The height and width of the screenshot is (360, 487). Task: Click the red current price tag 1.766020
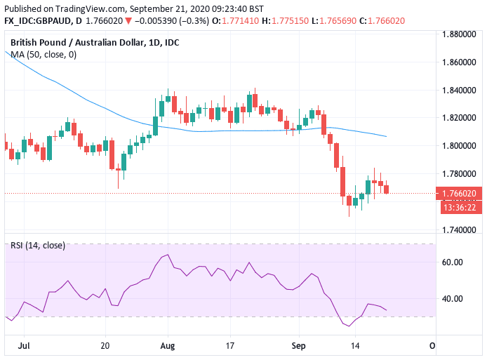(x=460, y=194)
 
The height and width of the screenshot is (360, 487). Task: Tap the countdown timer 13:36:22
(x=460, y=207)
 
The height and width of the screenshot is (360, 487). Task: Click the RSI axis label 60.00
(x=453, y=262)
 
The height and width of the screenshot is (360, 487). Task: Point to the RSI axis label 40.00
(x=453, y=298)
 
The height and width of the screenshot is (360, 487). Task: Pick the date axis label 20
(x=105, y=346)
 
